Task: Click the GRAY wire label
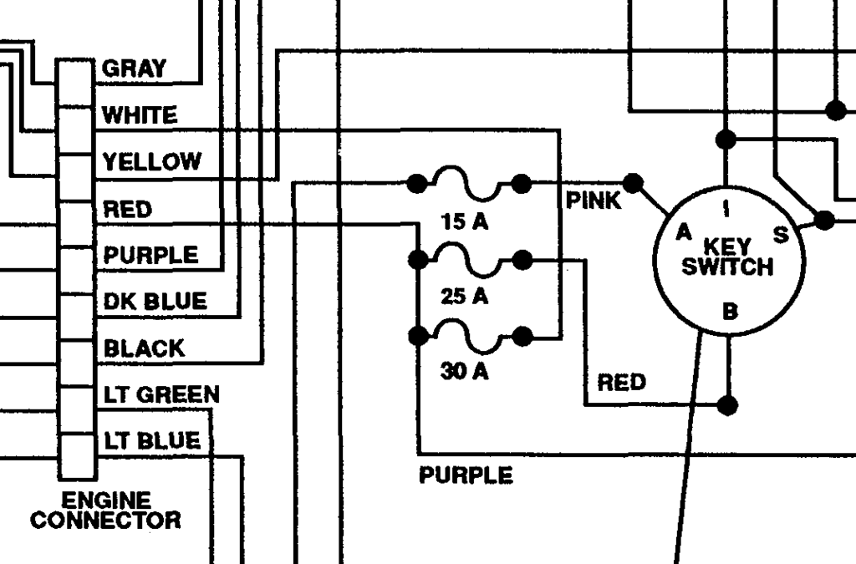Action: (134, 69)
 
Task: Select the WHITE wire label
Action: (140, 115)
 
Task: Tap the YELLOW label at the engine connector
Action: (151, 161)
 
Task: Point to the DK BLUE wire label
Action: (155, 301)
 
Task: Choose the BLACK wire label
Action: (144, 348)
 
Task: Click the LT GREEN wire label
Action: (161, 394)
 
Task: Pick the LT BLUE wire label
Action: (152, 440)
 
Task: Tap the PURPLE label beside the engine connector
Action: (151, 255)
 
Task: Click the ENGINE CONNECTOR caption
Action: (105, 511)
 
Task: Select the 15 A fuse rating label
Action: (465, 222)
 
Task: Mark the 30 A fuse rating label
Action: (465, 371)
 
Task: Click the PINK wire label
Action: (594, 201)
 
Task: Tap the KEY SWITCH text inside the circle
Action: (727, 257)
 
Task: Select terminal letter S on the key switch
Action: (781, 236)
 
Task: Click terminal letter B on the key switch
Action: (730, 312)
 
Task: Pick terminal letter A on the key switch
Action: (684, 232)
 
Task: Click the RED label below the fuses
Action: (621, 383)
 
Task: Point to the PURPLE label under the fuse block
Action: (466, 475)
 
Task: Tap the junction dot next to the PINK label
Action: (634, 182)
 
